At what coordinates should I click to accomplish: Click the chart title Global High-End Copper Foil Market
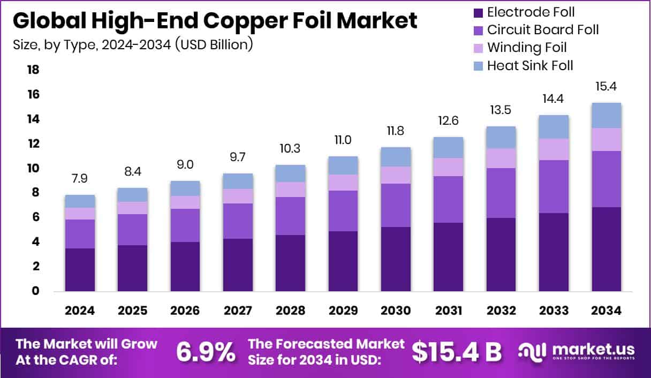[215, 20]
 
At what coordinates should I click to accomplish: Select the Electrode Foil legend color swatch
[478, 12]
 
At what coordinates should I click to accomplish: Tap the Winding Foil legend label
[527, 48]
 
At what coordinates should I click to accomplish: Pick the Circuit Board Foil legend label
[543, 29]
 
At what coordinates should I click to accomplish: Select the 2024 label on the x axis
[80, 311]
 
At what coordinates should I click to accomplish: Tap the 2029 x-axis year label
[343, 311]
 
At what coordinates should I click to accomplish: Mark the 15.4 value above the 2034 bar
[607, 86]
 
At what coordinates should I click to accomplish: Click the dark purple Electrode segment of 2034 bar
[607, 249]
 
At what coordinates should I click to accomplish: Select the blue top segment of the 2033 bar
[554, 127]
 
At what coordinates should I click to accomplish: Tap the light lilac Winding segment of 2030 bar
[396, 175]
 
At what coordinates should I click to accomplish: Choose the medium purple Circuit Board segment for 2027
[238, 221]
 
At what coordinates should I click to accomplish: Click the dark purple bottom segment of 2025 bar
[132, 268]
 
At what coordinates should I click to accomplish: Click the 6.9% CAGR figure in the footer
[206, 352]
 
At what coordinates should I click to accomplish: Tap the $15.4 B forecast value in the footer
[457, 352]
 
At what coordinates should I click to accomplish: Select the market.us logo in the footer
[576, 352]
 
